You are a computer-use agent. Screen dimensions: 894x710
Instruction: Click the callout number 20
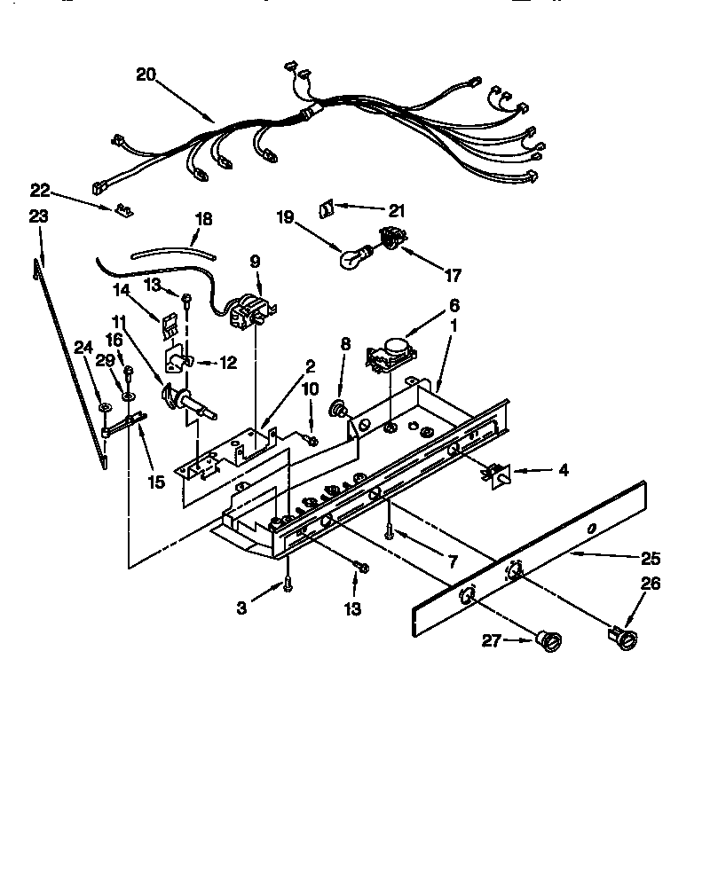(x=146, y=74)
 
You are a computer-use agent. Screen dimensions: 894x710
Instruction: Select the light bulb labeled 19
(x=354, y=257)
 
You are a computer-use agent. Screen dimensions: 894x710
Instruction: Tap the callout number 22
(x=40, y=190)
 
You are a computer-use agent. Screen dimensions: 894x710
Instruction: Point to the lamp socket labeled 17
(x=388, y=238)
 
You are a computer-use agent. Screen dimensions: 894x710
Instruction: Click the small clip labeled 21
(x=326, y=207)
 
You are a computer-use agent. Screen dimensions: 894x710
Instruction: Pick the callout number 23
(x=38, y=216)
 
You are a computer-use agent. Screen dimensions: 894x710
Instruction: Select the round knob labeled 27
(x=548, y=639)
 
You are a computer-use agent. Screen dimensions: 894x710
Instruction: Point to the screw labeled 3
(x=288, y=584)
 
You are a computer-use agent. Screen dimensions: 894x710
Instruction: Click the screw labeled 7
(x=389, y=531)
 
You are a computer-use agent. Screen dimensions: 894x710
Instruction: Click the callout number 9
(x=255, y=262)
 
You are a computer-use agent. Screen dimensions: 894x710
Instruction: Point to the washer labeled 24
(x=105, y=406)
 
